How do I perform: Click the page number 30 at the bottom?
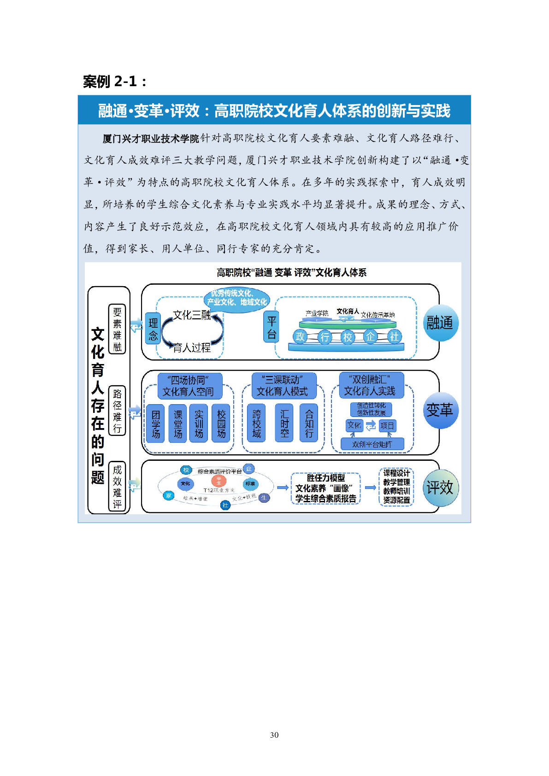[274, 735]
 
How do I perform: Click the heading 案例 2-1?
[115, 82]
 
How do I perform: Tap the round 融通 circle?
[440, 323]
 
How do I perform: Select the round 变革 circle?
[440, 410]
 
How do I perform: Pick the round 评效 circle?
[440, 488]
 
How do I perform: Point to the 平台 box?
[272, 328]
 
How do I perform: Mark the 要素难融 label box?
[117, 329]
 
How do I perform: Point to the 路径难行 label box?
[117, 411]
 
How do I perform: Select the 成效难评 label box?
[117, 488]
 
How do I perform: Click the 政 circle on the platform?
[301, 336]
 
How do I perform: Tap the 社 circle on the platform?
[394, 336]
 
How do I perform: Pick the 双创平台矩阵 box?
[372, 444]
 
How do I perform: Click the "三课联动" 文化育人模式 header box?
[282, 386]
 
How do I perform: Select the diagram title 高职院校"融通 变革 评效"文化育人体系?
[291, 273]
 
